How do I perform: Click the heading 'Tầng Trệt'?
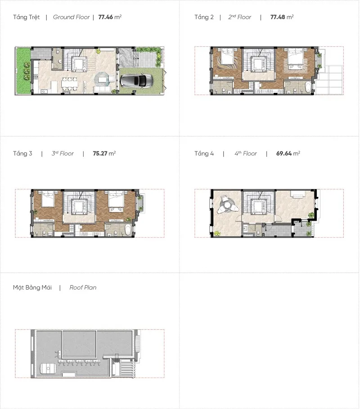[27, 17]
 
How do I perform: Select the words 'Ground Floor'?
[71, 17]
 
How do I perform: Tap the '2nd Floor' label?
[239, 17]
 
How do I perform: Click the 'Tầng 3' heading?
[22, 153]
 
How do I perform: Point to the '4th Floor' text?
[246, 153]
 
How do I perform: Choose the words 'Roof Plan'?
[83, 287]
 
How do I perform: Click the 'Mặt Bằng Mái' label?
[32, 287]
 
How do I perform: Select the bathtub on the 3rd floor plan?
[128, 230]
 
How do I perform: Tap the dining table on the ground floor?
[69, 84]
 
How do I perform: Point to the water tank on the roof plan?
[48, 369]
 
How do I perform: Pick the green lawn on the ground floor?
[23, 71]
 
